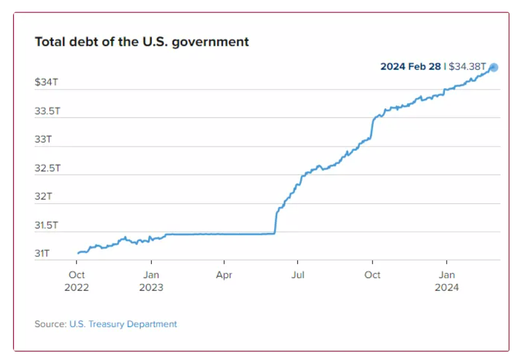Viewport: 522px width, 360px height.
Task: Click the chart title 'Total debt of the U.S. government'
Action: pyautogui.click(x=142, y=42)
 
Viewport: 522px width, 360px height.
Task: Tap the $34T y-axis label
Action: pyautogui.click(x=46, y=82)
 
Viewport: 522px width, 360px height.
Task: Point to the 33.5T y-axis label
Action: pyautogui.click(x=47, y=111)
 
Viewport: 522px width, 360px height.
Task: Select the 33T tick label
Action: pyautogui.click(x=43, y=139)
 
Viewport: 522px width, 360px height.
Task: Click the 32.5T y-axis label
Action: pyautogui.click(x=47, y=168)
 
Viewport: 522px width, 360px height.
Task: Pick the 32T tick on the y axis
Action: pyautogui.click(x=43, y=196)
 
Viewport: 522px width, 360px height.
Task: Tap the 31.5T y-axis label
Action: pyautogui.click(x=47, y=225)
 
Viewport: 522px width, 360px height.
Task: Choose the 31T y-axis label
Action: pyautogui.click(x=42, y=253)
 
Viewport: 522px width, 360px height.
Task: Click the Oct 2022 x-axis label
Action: pyautogui.click(x=77, y=281)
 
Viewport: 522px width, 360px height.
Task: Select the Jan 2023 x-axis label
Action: pyautogui.click(x=151, y=281)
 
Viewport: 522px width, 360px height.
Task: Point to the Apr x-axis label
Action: pyautogui.click(x=224, y=275)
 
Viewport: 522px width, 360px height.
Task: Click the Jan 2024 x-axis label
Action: pyautogui.click(x=446, y=281)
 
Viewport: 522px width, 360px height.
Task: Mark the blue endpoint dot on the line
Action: pyautogui.click(x=494, y=68)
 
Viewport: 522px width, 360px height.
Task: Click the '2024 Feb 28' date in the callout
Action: pyautogui.click(x=410, y=66)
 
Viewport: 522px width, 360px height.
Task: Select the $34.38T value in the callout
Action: pyautogui.click(x=467, y=66)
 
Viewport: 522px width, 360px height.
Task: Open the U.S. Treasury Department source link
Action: pyautogui.click(x=123, y=324)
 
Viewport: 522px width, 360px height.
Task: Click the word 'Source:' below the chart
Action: pyautogui.click(x=50, y=324)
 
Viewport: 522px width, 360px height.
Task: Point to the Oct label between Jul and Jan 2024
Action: pyautogui.click(x=372, y=275)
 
